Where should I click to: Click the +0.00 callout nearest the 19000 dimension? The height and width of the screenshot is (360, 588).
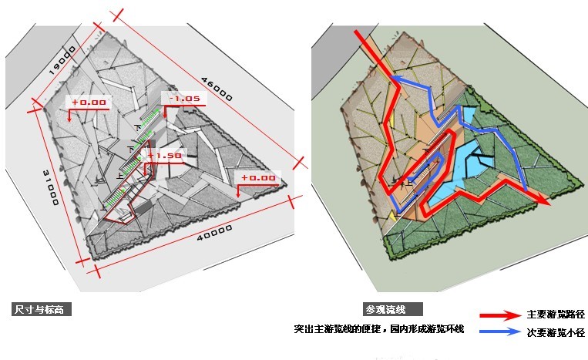[90, 102]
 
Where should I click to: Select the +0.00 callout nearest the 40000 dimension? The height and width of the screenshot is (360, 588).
[258, 178]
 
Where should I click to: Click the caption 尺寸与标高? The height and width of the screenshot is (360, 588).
[43, 310]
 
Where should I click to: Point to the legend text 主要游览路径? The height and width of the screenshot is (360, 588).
[556, 315]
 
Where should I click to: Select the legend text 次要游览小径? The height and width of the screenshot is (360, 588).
[556, 333]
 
